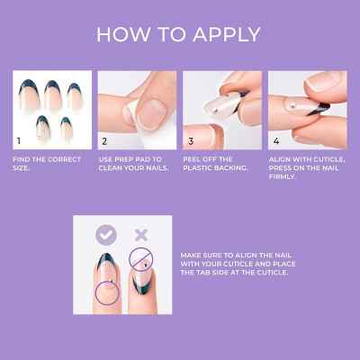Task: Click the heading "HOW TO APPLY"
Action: tap(179, 34)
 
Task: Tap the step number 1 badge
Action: tap(19, 141)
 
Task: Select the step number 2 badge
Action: tap(104, 141)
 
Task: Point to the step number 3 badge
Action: tap(190, 141)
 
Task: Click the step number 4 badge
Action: tap(276, 141)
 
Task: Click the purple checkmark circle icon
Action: tap(106, 236)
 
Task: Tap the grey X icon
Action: tap(140, 236)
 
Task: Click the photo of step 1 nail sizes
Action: tap(51, 111)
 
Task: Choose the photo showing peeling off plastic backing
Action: tap(222, 111)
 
